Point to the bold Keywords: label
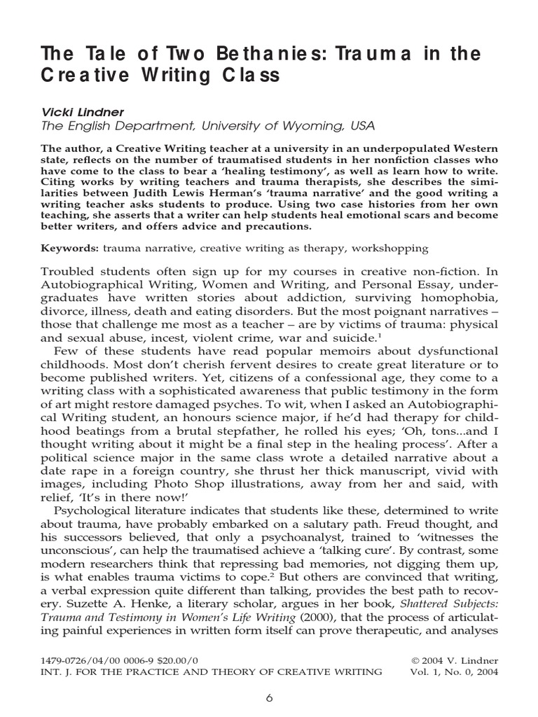click(x=70, y=248)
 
